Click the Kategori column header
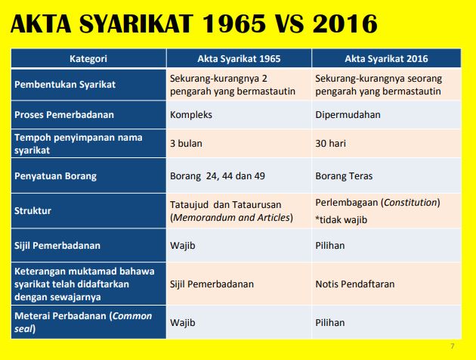tap(88, 57)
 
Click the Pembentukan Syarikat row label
tap(65, 84)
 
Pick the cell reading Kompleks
tap(192, 115)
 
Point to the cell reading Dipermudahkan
tap(348, 115)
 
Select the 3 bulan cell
tap(187, 143)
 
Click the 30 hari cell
tap(332, 143)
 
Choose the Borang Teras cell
tap(345, 176)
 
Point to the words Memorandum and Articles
tap(232, 218)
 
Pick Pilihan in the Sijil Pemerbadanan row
tap(330, 245)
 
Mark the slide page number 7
tap(453, 346)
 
